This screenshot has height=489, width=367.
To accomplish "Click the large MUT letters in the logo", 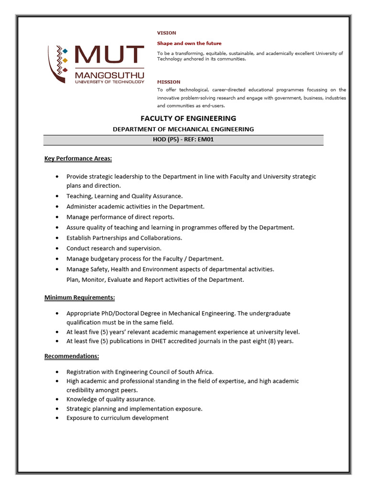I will click(109, 56).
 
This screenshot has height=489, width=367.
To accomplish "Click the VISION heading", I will click(167, 33).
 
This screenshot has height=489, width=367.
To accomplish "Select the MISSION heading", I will click(169, 82).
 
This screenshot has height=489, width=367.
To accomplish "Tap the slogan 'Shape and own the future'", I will click(189, 43).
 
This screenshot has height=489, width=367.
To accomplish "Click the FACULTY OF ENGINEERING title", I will click(188, 118).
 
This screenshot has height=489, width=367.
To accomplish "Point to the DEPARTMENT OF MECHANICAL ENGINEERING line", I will click(183, 129).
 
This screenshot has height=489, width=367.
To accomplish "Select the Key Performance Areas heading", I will click(78, 158).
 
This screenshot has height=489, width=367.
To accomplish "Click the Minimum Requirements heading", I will click(79, 298).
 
